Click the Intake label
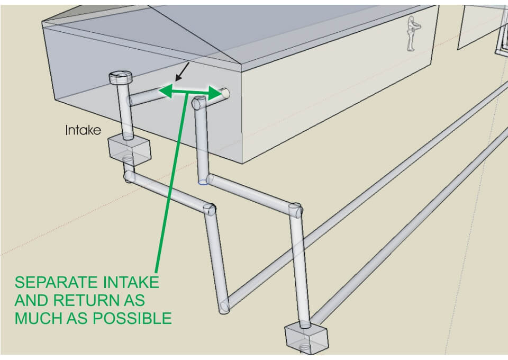coord(83,130)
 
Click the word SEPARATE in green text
coord(56,282)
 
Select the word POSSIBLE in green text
coord(132,318)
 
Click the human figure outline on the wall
coord(413,34)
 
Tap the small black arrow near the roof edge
coord(182,71)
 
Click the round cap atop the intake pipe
coord(121,77)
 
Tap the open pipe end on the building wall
coord(226,93)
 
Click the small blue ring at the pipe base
coord(203,183)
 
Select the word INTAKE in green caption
coord(131,282)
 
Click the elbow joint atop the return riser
coord(198,103)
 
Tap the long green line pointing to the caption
coord(171,182)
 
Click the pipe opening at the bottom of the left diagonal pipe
coord(224,307)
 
